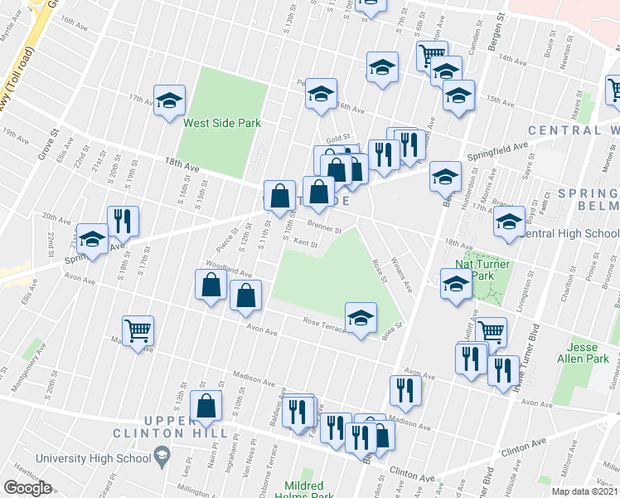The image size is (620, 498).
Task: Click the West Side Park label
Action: click(222, 123)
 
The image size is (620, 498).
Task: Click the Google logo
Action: click(27, 488)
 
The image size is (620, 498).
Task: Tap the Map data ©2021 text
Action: click(584, 491)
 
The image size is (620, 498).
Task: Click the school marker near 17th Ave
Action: click(169, 101)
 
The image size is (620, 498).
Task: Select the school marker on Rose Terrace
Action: click(361, 318)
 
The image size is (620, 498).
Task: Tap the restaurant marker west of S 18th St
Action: click(123, 221)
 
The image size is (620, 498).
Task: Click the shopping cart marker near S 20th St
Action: click(138, 331)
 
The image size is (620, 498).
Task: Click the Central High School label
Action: click(572, 233)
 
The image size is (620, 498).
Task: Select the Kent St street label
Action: click(306, 244)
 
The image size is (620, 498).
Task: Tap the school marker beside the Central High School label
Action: click(509, 222)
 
